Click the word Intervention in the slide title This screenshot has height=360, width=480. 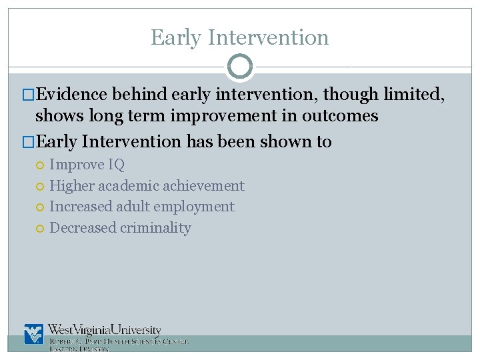(268, 37)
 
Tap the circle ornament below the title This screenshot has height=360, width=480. (240, 67)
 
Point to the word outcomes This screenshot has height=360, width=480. (341, 116)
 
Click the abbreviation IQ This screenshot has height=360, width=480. (117, 165)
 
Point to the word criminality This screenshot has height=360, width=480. (155, 228)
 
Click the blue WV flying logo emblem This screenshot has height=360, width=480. (33, 333)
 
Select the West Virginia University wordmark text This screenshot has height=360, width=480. (105, 330)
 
